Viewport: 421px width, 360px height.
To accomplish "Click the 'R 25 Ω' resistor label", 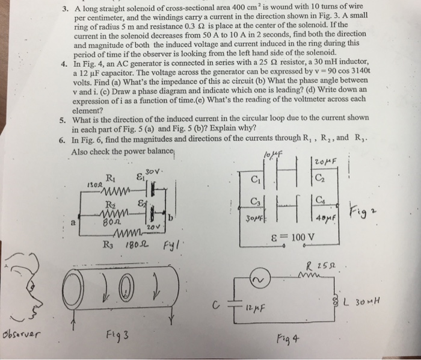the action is click(321, 266).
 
